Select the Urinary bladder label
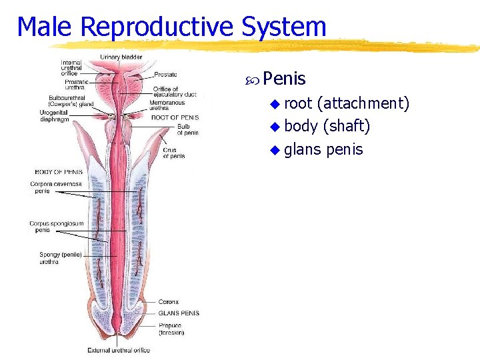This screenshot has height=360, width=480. [121, 57]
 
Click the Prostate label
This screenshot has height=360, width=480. [165, 75]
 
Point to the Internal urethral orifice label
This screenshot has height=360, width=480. [71, 67]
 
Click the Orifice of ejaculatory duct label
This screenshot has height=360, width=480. [175, 92]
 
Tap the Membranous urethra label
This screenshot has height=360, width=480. [167, 105]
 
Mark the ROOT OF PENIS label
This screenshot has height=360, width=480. [175, 117]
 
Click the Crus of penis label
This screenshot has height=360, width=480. [174, 153]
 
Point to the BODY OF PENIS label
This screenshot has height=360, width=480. [59, 172]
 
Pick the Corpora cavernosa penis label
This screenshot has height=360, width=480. [55, 187]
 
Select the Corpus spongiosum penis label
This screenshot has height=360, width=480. [57, 227]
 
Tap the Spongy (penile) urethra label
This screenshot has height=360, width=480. [61, 258]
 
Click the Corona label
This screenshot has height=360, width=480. [168, 302]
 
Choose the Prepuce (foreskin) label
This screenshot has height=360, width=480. [171, 329]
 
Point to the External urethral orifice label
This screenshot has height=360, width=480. [119, 350]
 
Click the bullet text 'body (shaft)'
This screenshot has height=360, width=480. [327, 126]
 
